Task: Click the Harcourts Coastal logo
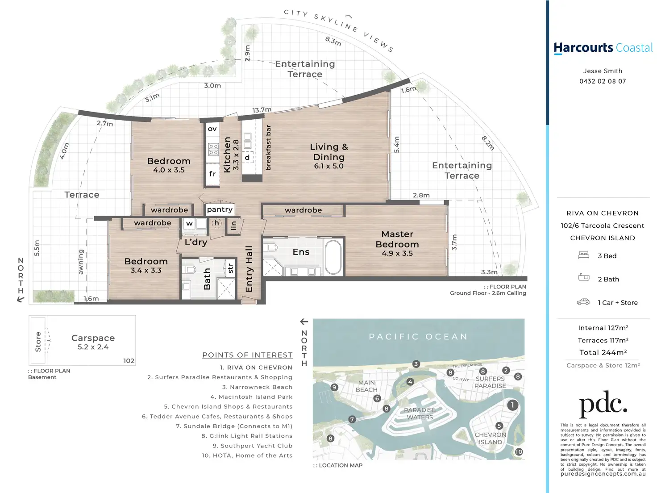603,48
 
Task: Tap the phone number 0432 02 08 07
603,81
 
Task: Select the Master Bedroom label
397,239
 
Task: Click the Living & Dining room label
329,152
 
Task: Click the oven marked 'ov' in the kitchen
212,129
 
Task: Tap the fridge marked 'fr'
212,174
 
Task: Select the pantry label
220,209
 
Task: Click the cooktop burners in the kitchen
213,149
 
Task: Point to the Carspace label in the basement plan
93,338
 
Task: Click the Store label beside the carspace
38,342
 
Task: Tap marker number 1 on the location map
512,405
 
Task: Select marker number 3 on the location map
416,364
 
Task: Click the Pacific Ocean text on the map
418,337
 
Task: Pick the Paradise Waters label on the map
420,414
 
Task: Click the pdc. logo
603,404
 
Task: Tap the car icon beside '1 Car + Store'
583,302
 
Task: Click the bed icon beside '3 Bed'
584,255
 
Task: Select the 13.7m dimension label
262,110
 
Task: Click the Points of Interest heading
248,355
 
